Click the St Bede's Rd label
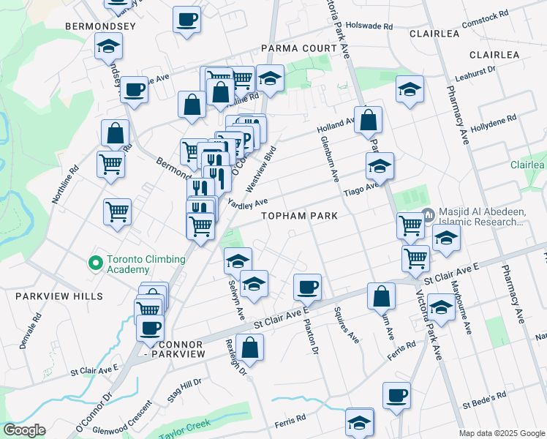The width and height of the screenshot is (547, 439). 484,397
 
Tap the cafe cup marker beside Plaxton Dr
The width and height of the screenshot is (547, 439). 307,286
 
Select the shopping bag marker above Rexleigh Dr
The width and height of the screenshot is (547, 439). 249,348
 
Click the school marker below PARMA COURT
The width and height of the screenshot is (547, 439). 270,79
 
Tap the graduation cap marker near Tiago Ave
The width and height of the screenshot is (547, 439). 380,166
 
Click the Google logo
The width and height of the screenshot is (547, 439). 24,430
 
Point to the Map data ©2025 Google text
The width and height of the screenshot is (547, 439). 501,433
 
